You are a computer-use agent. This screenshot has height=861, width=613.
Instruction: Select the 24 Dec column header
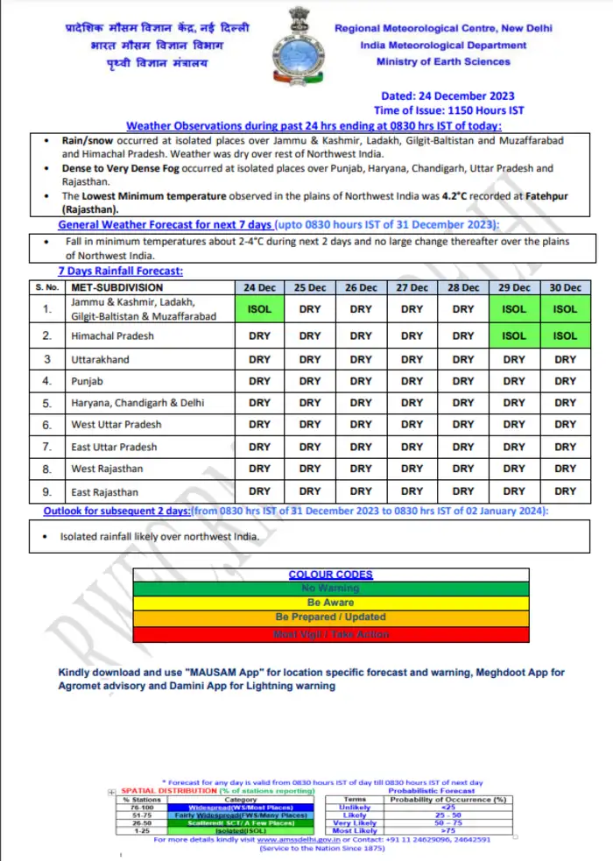coord(260,287)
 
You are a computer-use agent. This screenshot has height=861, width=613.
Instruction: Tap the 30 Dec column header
coord(566,287)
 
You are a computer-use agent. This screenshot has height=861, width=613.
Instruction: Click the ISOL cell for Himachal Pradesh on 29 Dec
coord(515,335)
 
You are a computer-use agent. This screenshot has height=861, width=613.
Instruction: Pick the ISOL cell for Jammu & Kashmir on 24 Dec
coord(260,308)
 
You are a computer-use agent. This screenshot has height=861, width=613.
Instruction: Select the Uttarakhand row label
coord(100,359)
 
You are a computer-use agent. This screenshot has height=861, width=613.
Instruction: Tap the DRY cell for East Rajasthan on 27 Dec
coord(412,491)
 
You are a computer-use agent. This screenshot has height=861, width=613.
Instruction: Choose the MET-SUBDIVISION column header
coord(117,287)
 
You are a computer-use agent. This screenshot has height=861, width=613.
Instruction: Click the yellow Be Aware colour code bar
coord(330,603)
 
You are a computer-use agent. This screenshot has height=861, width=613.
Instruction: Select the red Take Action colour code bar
coord(330,633)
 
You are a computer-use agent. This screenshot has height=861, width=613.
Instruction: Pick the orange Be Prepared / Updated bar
coord(330,618)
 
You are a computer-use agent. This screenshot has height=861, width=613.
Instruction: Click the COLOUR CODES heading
coord(330,575)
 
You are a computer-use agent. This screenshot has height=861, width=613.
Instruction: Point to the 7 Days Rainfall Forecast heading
coord(120,272)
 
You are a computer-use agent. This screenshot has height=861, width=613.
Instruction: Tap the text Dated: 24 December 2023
coord(447,96)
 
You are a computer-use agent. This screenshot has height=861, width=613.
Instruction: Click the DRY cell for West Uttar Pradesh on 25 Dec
coord(311,425)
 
